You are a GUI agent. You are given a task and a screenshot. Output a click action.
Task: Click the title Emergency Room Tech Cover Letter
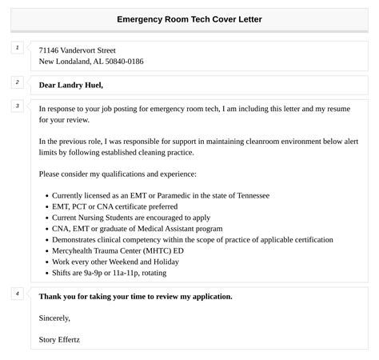click(189, 18)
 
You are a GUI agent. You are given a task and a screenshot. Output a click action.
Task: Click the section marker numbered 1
click(17, 48)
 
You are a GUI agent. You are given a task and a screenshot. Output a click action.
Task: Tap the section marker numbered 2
click(17, 82)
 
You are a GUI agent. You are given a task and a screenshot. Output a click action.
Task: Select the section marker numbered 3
click(17, 106)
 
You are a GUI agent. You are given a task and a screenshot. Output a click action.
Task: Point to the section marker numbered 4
click(17, 294)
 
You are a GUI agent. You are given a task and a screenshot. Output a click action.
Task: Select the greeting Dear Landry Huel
click(71, 85)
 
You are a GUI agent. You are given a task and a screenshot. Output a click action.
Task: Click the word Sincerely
click(57, 318)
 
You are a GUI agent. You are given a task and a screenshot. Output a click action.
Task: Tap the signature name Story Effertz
click(59, 339)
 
